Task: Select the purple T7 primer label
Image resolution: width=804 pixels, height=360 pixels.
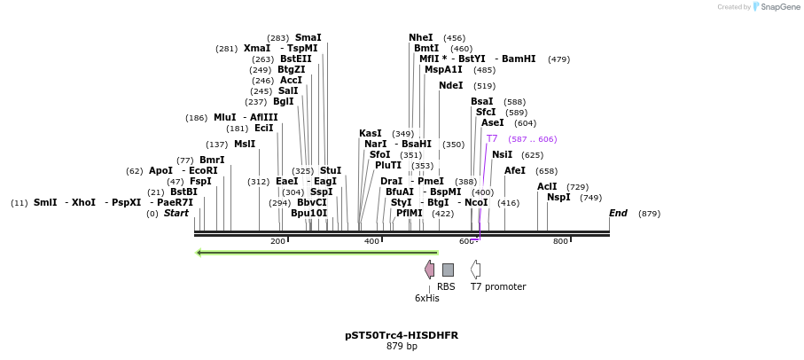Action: point(492,139)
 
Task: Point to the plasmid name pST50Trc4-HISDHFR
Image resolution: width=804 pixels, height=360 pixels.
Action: point(402,335)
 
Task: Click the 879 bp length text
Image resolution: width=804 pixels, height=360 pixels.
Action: point(402,347)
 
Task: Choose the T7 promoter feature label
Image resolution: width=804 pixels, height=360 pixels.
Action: point(498,286)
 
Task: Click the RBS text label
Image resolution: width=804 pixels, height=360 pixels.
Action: point(446,286)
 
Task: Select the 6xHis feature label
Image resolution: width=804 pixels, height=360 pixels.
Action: point(427,298)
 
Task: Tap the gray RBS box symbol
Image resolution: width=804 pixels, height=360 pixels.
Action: point(448,270)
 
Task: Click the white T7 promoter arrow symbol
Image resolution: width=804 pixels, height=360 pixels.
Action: point(476,270)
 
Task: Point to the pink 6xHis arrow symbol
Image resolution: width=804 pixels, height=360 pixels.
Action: point(430,270)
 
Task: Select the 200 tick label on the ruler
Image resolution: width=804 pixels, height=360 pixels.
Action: point(277,241)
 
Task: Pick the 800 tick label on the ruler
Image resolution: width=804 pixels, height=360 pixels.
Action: point(560,241)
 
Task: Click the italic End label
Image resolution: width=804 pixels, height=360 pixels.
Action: point(618,214)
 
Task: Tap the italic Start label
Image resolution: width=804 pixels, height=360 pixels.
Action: point(176,214)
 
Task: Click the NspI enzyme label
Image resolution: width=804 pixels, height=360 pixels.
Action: point(558,198)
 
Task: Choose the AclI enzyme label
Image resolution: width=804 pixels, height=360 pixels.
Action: point(547,187)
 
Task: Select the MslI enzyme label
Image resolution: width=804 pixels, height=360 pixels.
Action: point(245,145)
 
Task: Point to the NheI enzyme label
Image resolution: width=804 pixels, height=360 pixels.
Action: point(421,38)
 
